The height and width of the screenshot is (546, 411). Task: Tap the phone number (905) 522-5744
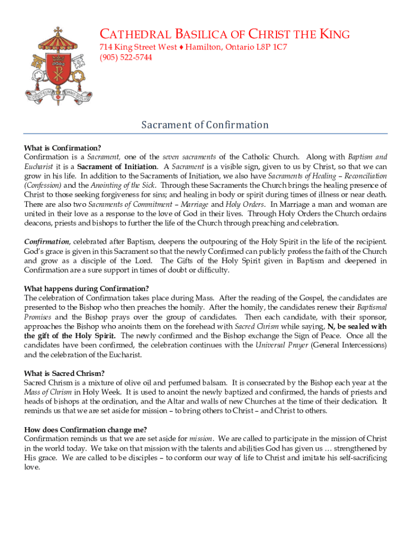pos(126,58)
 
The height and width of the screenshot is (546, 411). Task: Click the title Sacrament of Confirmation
pos(205,125)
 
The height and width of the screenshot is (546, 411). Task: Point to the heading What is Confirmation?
pos(62,148)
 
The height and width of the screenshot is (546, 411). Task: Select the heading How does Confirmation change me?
pos(85,430)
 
